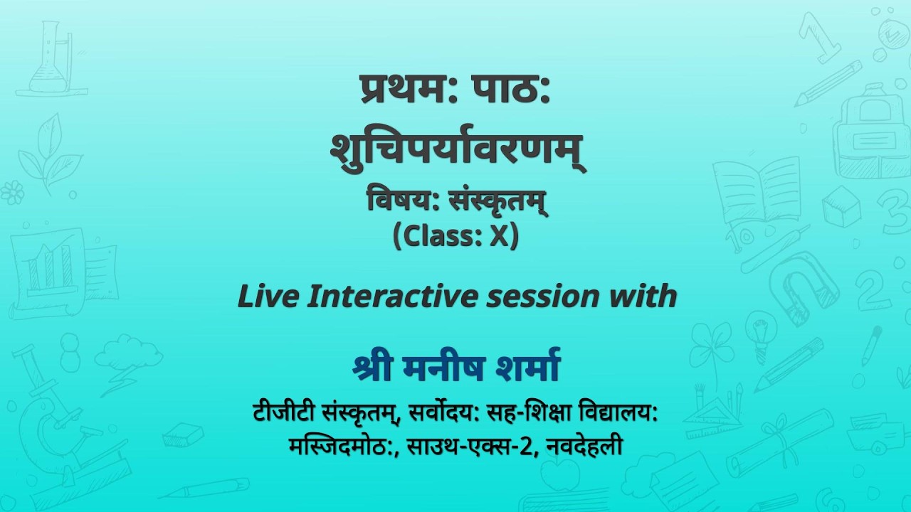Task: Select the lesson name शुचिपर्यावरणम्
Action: coord(458,148)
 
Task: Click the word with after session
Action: coord(643,295)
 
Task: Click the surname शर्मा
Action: coord(523,369)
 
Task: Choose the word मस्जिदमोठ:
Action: coord(344,447)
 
